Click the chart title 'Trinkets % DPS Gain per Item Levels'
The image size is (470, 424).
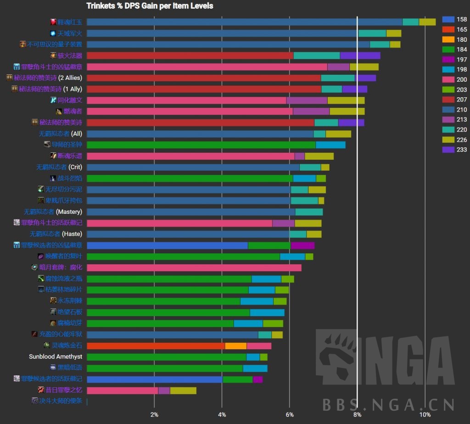coord(150,6)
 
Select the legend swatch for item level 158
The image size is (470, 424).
coord(448,19)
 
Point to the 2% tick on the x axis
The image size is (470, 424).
coord(154,414)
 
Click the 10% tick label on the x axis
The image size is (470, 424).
coord(425,414)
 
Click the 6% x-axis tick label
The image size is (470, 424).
coord(290,414)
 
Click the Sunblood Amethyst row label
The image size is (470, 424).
coord(56,357)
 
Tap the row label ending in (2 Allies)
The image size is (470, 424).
coord(48,78)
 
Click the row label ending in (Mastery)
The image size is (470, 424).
coord(53,212)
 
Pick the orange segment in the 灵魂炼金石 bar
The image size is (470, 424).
coord(235,346)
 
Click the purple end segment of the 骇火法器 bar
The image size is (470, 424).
coord(360,56)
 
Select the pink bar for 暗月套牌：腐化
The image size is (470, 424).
coord(194,268)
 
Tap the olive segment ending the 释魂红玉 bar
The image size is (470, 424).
coord(427,22)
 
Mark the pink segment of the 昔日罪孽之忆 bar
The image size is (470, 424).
coord(122,391)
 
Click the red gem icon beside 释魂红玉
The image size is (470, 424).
coord(53,22)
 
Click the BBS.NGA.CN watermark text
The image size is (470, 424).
coord(388,404)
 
